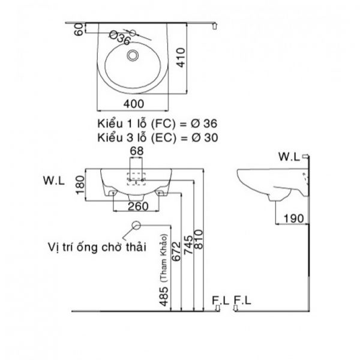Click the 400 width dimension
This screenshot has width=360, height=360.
(x=134, y=104)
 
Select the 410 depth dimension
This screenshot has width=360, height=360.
(x=181, y=58)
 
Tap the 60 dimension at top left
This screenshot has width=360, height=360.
(x=79, y=29)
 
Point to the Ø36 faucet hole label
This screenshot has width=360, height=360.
(x=120, y=38)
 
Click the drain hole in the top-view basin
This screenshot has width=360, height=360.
(x=133, y=56)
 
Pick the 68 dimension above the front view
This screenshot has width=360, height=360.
(x=137, y=151)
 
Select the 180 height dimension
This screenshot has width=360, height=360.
(x=80, y=185)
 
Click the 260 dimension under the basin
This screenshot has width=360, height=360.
(x=138, y=206)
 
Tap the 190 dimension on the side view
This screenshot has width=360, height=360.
(x=294, y=218)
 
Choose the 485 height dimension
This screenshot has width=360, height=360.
(x=164, y=296)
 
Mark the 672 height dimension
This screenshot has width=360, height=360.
(x=176, y=251)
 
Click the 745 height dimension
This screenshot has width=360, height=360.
(x=189, y=245)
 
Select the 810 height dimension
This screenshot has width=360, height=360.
(x=199, y=239)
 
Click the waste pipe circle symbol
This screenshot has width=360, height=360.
(x=136, y=226)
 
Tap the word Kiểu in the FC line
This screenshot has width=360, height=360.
(x=110, y=124)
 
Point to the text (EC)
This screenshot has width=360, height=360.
(x=164, y=138)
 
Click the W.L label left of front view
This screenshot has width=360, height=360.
(x=54, y=181)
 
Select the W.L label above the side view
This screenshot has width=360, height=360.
(x=289, y=157)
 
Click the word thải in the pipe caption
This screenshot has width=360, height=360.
(x=136, y=247)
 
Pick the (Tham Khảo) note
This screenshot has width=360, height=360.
(x=164, y=258)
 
